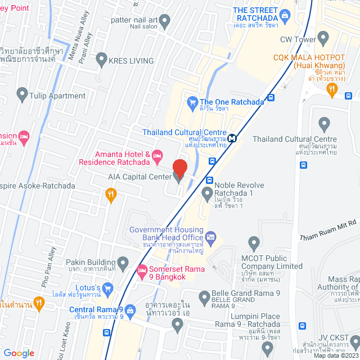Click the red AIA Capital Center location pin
[179, 168]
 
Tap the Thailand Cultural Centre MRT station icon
[232, 137]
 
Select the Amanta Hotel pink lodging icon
[157, 154]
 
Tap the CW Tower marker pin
[323, 38]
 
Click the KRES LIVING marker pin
[102, 58]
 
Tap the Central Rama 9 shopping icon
[130, 309]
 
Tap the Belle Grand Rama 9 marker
[204, 296]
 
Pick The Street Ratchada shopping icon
[285, 14]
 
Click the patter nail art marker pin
[165, 21]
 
